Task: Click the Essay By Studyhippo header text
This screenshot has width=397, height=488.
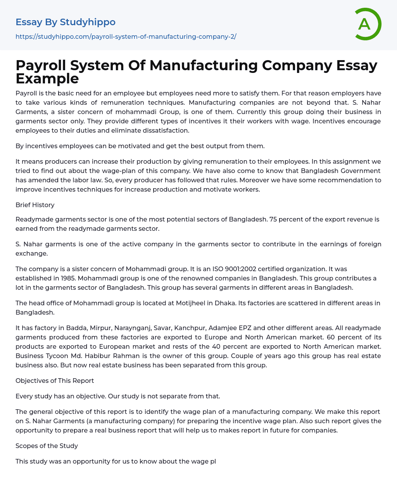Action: coord(66,22)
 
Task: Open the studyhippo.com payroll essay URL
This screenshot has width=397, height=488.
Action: coord(126,36)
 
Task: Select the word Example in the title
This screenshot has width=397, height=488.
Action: coord(47,78)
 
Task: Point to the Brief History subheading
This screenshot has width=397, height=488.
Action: coord(35,205)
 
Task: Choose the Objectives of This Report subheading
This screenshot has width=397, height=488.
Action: coord(55,381)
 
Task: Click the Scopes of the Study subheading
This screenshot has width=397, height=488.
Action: coord(47,446)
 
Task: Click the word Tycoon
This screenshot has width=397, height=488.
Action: coord(56,356)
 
